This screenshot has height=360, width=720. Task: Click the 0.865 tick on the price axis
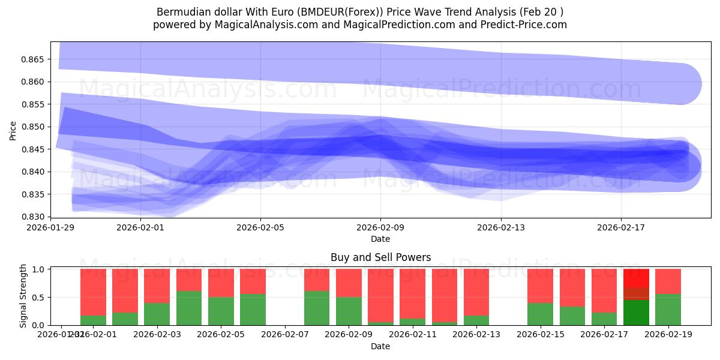(x=34, y=59)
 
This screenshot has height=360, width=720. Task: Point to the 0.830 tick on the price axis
(x=34, y=217)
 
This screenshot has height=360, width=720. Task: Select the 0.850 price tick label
(x=34, y=127)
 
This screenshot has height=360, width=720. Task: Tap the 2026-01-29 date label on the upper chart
(x=51, y=227)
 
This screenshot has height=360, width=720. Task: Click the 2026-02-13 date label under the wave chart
(x=501, y=227)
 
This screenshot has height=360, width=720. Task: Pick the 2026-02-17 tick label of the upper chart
(x=621, y=227)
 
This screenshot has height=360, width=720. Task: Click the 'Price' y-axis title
(x=13, y=130)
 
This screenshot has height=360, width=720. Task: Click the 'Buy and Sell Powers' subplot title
(x=380, y=257)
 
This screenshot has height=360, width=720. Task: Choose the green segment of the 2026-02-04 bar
(x=189, y=308)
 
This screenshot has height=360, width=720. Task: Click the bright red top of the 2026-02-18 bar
(x=636, y=277)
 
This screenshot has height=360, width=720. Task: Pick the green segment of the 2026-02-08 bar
(x=317, y=308)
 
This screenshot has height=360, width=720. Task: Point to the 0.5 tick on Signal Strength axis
(x=39, y=298)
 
